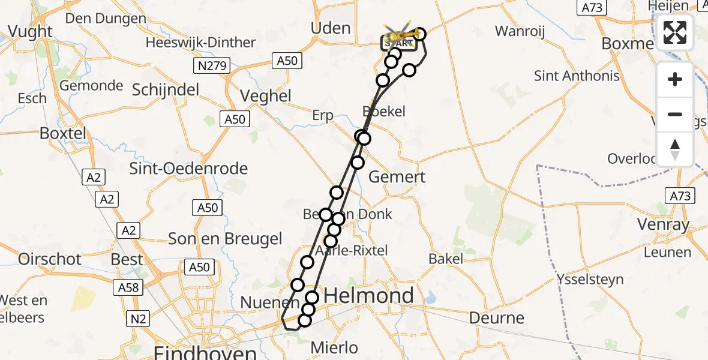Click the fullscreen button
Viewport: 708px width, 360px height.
(675, 32)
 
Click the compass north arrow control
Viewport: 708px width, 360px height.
(675, 149)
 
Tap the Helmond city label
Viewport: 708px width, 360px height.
(369, 295)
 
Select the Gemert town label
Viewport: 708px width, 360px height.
(397, 176)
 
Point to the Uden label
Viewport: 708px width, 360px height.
(331, 28)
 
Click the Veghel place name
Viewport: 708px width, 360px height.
(265, 96)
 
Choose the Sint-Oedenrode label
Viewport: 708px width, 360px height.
(188, 169)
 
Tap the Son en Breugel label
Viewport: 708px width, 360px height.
(225, 239)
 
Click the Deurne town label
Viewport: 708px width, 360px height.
(497, 317)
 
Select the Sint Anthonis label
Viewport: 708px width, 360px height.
(577, 76)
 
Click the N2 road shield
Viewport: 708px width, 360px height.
(137, 319)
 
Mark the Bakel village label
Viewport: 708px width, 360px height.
(446, 259)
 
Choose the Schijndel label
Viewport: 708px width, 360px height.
(165, 90)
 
